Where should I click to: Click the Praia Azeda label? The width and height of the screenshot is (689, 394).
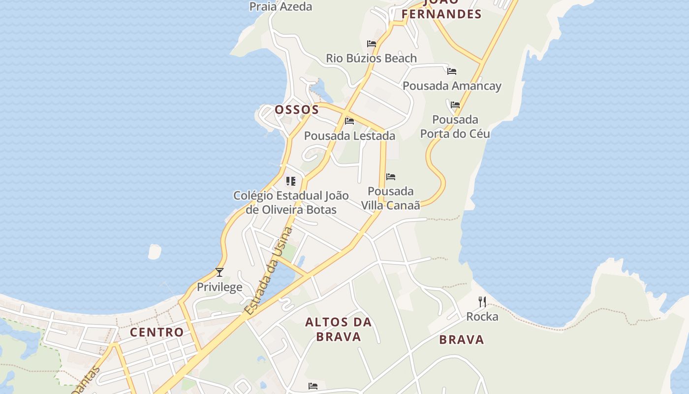(281, 6)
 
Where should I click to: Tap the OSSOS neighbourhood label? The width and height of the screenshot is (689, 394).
(297, 109)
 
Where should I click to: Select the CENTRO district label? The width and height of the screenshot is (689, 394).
(157, 332)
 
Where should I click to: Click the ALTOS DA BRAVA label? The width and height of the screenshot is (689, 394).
(339, 329)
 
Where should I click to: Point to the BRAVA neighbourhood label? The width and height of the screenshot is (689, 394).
(462, 339)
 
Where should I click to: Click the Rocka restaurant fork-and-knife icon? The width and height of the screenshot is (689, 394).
(482, 301)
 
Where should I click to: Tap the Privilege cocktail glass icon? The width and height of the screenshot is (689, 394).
(219, 272)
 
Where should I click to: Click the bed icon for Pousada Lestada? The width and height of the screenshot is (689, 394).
(349, 121)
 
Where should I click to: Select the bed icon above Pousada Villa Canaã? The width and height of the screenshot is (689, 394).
(391, 177)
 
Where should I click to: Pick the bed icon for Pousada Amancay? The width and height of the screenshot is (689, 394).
(452, 71)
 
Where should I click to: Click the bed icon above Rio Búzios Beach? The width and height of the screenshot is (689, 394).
(372, 44)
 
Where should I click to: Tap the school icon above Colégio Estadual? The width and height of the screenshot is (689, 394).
(291, 181)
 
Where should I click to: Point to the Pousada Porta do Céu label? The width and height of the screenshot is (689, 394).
(455, 127)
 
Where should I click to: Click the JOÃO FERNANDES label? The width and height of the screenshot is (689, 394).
(441, 10)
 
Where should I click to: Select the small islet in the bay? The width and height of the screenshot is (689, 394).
(155, 251)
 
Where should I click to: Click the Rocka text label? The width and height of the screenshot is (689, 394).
(482, 316)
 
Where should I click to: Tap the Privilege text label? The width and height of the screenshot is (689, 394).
(219, 287)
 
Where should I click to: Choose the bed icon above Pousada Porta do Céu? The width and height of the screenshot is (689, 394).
(455, 105)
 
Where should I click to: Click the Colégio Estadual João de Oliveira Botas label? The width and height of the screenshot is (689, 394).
(291, 202)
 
